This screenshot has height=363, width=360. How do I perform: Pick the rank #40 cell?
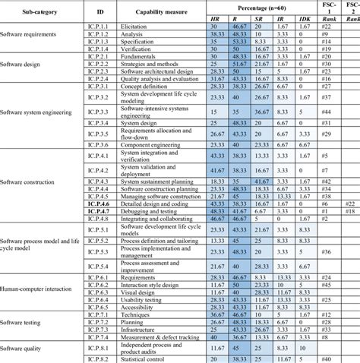point(328,358)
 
